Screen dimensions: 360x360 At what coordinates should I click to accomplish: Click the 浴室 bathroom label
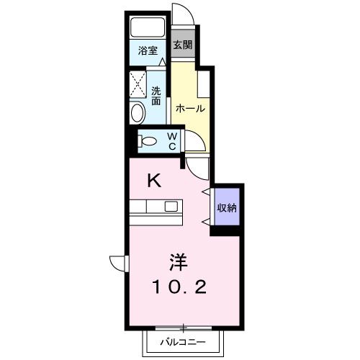pos(148,51)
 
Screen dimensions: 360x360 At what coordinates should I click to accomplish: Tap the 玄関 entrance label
pos(183,45)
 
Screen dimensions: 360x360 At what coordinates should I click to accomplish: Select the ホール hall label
pos(190,109)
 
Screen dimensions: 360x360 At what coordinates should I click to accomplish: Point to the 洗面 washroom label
pos(156,96)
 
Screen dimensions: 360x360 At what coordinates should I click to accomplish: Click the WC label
pos(172,140)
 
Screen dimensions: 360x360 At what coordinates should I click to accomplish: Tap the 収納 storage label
pos(228,208)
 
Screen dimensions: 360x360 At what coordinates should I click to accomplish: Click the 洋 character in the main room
pos(180,260)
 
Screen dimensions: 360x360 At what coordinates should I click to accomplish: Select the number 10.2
pos(179,288)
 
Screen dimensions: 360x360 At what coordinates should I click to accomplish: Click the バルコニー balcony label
pos(183,343)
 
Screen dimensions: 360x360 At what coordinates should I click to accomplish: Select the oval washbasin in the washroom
pos(138,112)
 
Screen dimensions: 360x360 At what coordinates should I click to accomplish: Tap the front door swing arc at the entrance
pos(183,15)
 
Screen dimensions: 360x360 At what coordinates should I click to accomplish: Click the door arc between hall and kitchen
pos(199,143)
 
